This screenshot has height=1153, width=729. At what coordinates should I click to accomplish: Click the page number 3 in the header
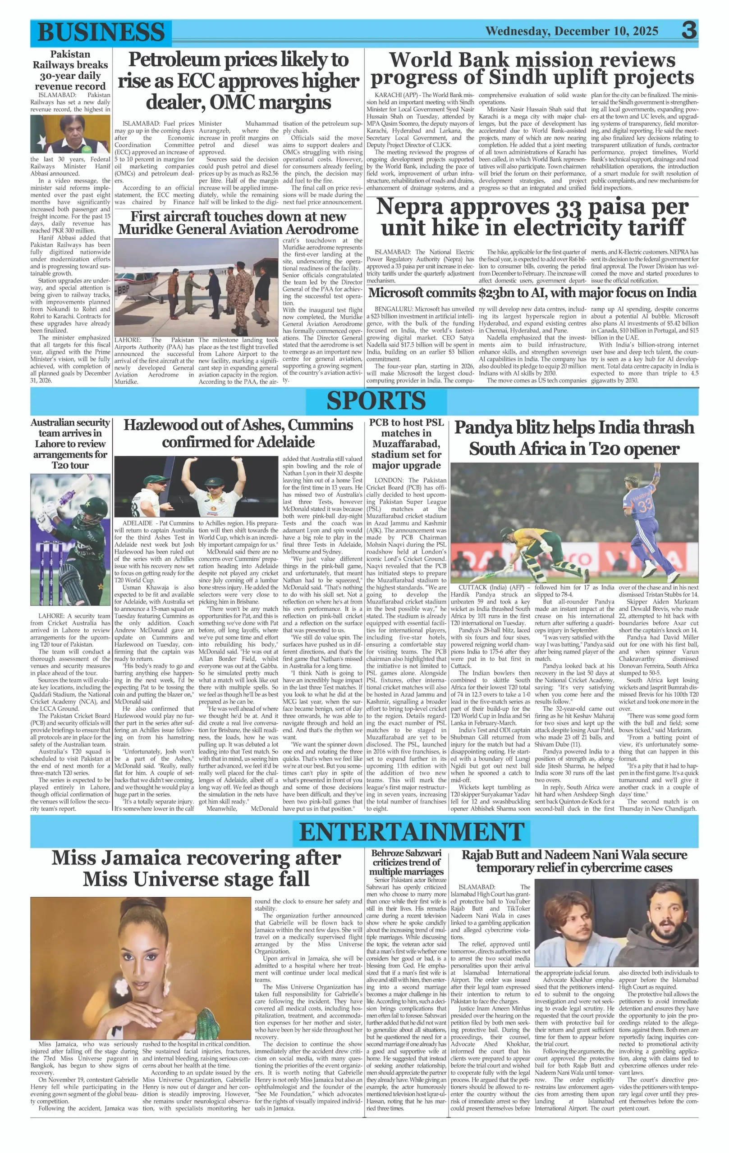(689, 31)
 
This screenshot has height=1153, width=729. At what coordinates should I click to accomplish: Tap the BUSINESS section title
(101, 32)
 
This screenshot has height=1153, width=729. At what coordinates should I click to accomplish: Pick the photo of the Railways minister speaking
(70, 134)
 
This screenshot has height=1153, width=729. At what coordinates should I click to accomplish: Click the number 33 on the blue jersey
(646, 506)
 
